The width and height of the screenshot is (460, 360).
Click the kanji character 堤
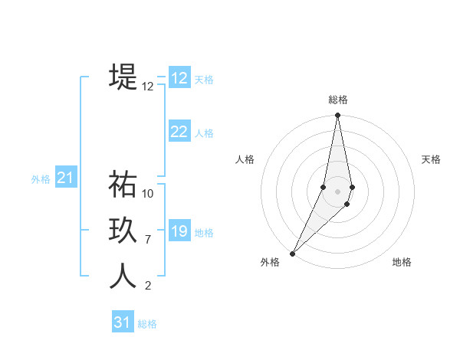(x=123, y=77)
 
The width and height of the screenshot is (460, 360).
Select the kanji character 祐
(x=123, y=185)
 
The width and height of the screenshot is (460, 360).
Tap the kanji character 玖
(x=123, y=231)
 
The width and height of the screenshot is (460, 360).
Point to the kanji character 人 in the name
(x=123, y=277)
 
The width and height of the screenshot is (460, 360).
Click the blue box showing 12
(x=179, y=77)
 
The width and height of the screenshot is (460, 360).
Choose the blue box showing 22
(x=179, y=132)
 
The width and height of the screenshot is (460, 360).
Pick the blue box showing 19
(x=179, y=231)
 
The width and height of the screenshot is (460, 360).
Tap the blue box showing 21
(x=65, y=178)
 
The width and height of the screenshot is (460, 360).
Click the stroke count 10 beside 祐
(x=148, y=194)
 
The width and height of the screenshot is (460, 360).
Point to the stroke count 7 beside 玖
(x=148, y=240)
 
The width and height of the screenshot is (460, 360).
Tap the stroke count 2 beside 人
(x=148, y=286)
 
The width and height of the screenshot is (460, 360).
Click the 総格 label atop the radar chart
(x=337, y=100)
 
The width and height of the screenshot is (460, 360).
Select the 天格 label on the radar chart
(x=431, y=159)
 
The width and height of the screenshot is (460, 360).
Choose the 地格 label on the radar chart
(x=402, y=262)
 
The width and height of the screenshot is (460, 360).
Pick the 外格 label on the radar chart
(x=270, y=262)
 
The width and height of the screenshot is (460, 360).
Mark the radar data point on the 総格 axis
(x=337, y=116)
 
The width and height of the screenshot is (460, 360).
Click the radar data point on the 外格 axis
(x=292, y=253)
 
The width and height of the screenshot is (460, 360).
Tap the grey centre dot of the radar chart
(x=337, y=191)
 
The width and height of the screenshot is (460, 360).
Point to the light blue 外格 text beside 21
(x=41, y=179)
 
